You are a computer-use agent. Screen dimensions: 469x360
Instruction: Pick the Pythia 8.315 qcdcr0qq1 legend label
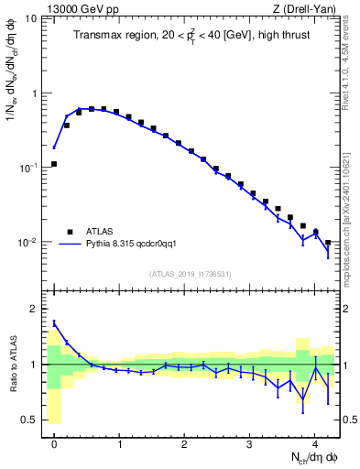pos(136,245)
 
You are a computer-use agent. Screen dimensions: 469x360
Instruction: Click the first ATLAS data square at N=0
pos(54,164)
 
